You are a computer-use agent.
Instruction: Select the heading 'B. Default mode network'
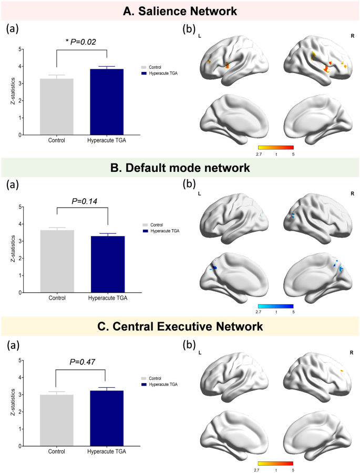pos(180,169)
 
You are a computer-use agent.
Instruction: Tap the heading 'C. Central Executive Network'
pos(180,326)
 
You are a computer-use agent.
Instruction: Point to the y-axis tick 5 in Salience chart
pos(20,49)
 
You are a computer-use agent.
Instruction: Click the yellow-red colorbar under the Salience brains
pos(276,148)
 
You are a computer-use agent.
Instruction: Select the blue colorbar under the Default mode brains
pos(276,305)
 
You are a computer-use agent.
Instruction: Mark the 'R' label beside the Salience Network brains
pos(352,36)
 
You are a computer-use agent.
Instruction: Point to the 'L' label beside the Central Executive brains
pos(200,350)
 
